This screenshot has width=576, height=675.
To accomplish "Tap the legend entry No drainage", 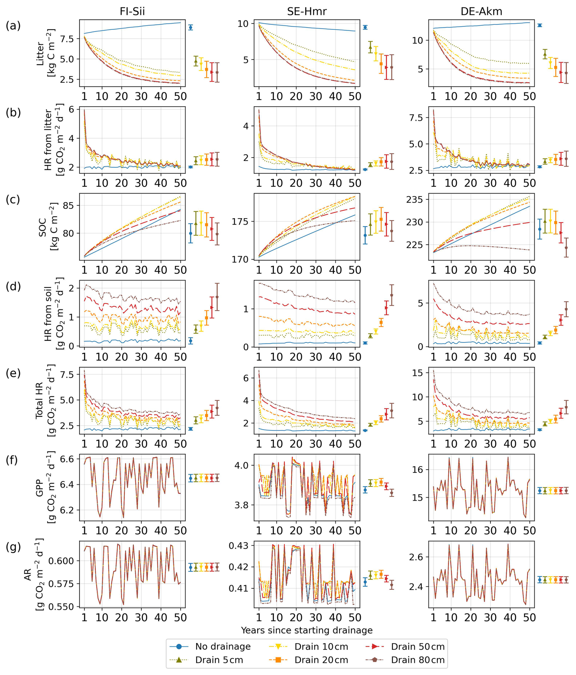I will (x=223, y=646).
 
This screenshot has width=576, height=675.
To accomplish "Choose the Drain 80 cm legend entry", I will (x=418, y=660).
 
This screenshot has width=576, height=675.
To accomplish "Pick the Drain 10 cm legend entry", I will (x=321, y=646).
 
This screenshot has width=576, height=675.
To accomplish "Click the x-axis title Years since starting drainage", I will (x=306, y=630).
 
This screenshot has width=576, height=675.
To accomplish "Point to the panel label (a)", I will (x=13, y=25).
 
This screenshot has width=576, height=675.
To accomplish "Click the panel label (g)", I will (x=13, y=547).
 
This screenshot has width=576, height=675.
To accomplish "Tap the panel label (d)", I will (x=13, y=286).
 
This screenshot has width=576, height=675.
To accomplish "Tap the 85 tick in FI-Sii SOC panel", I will (x=69, y=205).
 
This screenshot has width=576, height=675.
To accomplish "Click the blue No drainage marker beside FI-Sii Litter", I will (x=191, y=27).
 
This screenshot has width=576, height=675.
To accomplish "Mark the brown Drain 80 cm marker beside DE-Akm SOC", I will (x=566, y=248).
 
